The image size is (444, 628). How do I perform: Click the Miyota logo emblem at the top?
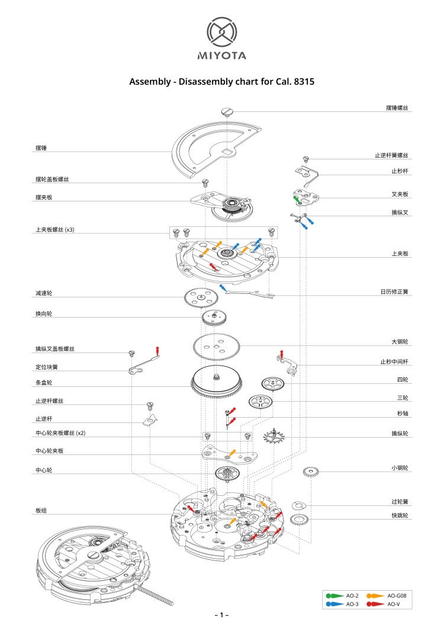[221, 32]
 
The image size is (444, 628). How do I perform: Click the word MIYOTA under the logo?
[221, 56]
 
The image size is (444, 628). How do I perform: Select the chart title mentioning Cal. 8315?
[221, 82]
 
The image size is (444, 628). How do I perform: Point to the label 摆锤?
[41, 149]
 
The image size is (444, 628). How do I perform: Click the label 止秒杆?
[400, 171]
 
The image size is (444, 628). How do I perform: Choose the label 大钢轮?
[400, 342]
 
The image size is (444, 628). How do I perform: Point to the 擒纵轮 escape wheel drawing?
[274, 438]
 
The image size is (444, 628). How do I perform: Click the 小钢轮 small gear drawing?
[311, 472]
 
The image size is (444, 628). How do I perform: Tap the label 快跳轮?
[400, 515]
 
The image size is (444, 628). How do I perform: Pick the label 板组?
[41, 510]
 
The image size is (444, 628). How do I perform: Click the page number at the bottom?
[221, 615]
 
